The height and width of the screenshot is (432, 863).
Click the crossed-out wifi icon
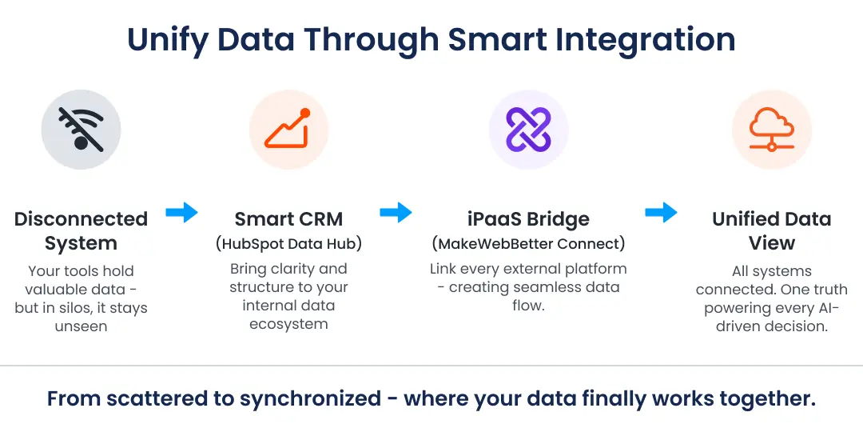click(x=81, y=130)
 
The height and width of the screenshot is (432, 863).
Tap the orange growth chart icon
click(x=288, y=130)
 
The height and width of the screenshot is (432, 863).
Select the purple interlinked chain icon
click(x=528, y=130)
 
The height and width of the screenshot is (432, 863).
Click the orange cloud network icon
click(x=771, y=130)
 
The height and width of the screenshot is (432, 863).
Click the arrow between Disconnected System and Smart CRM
click(x=181, y=213)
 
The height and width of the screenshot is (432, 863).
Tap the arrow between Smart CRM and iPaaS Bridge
click(x=396, y=213)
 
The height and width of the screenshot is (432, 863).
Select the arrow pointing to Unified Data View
click(x=661, y=213)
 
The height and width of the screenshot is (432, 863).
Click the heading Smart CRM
click(x=288, y=219)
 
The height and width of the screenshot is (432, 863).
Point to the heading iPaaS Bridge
click(x=528, y=219)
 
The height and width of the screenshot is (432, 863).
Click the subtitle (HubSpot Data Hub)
click(x=288, y=244)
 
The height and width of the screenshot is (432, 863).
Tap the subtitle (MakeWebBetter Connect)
click(x=528, y=243)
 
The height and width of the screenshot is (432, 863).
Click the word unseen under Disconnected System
click(x=81, y=326)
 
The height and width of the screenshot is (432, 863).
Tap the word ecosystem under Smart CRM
click(x=288, y=324)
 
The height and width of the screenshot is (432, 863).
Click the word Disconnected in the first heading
click(x=81, y=219)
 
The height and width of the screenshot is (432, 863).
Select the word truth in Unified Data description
click(x=827, y=290)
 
